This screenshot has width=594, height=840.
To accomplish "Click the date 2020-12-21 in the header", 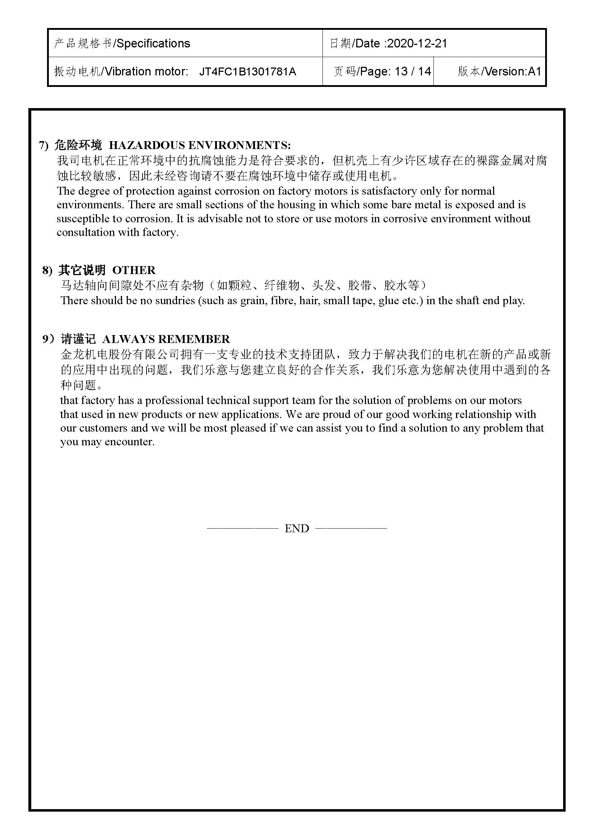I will pos(417,43).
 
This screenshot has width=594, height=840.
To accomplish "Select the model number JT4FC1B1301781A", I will pos(248,71).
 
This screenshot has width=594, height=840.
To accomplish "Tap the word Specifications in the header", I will pos(153,43).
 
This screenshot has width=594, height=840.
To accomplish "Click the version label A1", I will pos(534,71).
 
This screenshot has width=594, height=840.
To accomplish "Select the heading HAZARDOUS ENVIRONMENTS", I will pos(200,145).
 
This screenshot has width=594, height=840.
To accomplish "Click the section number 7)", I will pos(44,145).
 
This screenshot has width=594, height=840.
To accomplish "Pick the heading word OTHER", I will pos(134,270).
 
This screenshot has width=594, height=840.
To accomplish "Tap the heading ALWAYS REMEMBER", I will pos(166,339).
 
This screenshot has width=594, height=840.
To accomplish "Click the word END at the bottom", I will pos(297,528).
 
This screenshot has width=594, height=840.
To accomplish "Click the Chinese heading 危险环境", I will pos(78,145).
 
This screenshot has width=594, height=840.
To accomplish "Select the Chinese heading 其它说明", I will pos(82,270).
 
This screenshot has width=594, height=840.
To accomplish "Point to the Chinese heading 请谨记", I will pos(78,339).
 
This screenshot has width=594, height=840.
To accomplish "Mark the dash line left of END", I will pos(243,528).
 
